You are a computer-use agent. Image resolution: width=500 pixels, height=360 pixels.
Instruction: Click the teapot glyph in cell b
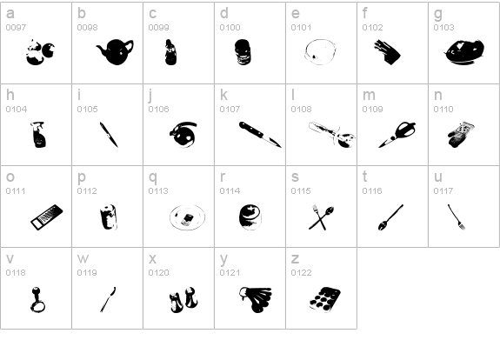tap(116, 51)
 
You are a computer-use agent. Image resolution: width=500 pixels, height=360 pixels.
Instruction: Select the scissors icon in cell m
tap(398, 134)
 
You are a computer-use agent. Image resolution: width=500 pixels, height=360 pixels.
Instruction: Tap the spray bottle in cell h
tap(38, 134)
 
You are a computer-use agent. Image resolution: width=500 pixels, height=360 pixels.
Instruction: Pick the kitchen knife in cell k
tap(260, 134)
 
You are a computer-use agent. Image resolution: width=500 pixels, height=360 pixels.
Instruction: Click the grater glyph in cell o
tap(47, 217)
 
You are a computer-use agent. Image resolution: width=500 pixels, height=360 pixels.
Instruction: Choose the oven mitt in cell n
tap(461, 135)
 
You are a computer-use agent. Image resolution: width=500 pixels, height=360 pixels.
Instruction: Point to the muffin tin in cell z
tap(325, 299)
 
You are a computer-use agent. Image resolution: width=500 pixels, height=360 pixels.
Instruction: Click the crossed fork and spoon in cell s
tap(321, 217)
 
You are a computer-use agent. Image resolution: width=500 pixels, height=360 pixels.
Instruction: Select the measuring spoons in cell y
tap(256, 299)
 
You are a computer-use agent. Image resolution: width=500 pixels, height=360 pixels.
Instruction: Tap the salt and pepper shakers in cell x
tap(183, 299)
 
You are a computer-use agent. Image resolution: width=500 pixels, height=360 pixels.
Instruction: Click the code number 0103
tap(443, 28)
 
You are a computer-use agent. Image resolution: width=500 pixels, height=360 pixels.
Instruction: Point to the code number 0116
tap(372, 191)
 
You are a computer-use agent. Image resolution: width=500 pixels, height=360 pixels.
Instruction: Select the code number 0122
tap(301, 273)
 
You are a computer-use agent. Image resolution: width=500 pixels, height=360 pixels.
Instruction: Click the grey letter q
tap(153, 177)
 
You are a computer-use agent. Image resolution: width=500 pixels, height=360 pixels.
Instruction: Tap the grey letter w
tap(83, 258)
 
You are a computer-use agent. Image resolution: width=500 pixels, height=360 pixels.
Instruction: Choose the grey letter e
tap(296, 13)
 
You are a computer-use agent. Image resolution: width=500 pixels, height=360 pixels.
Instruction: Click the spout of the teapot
tap(101, 50)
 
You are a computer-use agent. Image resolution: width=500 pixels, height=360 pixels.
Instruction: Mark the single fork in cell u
tap(457, 217)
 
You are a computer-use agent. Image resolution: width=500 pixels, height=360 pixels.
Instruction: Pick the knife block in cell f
tap(387, 52)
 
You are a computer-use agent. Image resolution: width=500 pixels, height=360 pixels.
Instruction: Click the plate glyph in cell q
tap(188, 217)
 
